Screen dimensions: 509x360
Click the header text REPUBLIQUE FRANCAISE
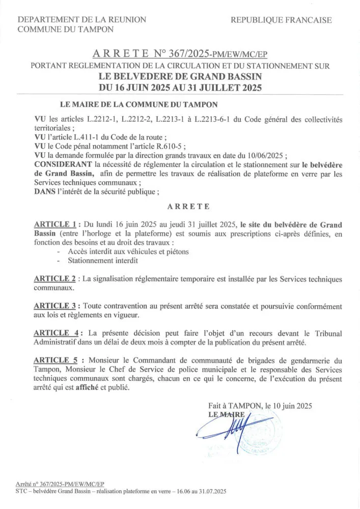click(x=281, y=20)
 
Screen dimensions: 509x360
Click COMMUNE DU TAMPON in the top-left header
click(x=66, y=30)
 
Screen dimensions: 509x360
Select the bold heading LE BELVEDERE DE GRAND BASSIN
click(x=180, y=76)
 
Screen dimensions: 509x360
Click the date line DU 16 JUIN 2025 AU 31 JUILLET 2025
click(x=180, y=87)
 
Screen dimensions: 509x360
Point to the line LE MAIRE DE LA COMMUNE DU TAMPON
click(x=139, y=105)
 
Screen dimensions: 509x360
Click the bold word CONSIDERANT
click(x=63, y=164)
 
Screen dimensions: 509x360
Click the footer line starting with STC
click(x=121, y=492)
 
